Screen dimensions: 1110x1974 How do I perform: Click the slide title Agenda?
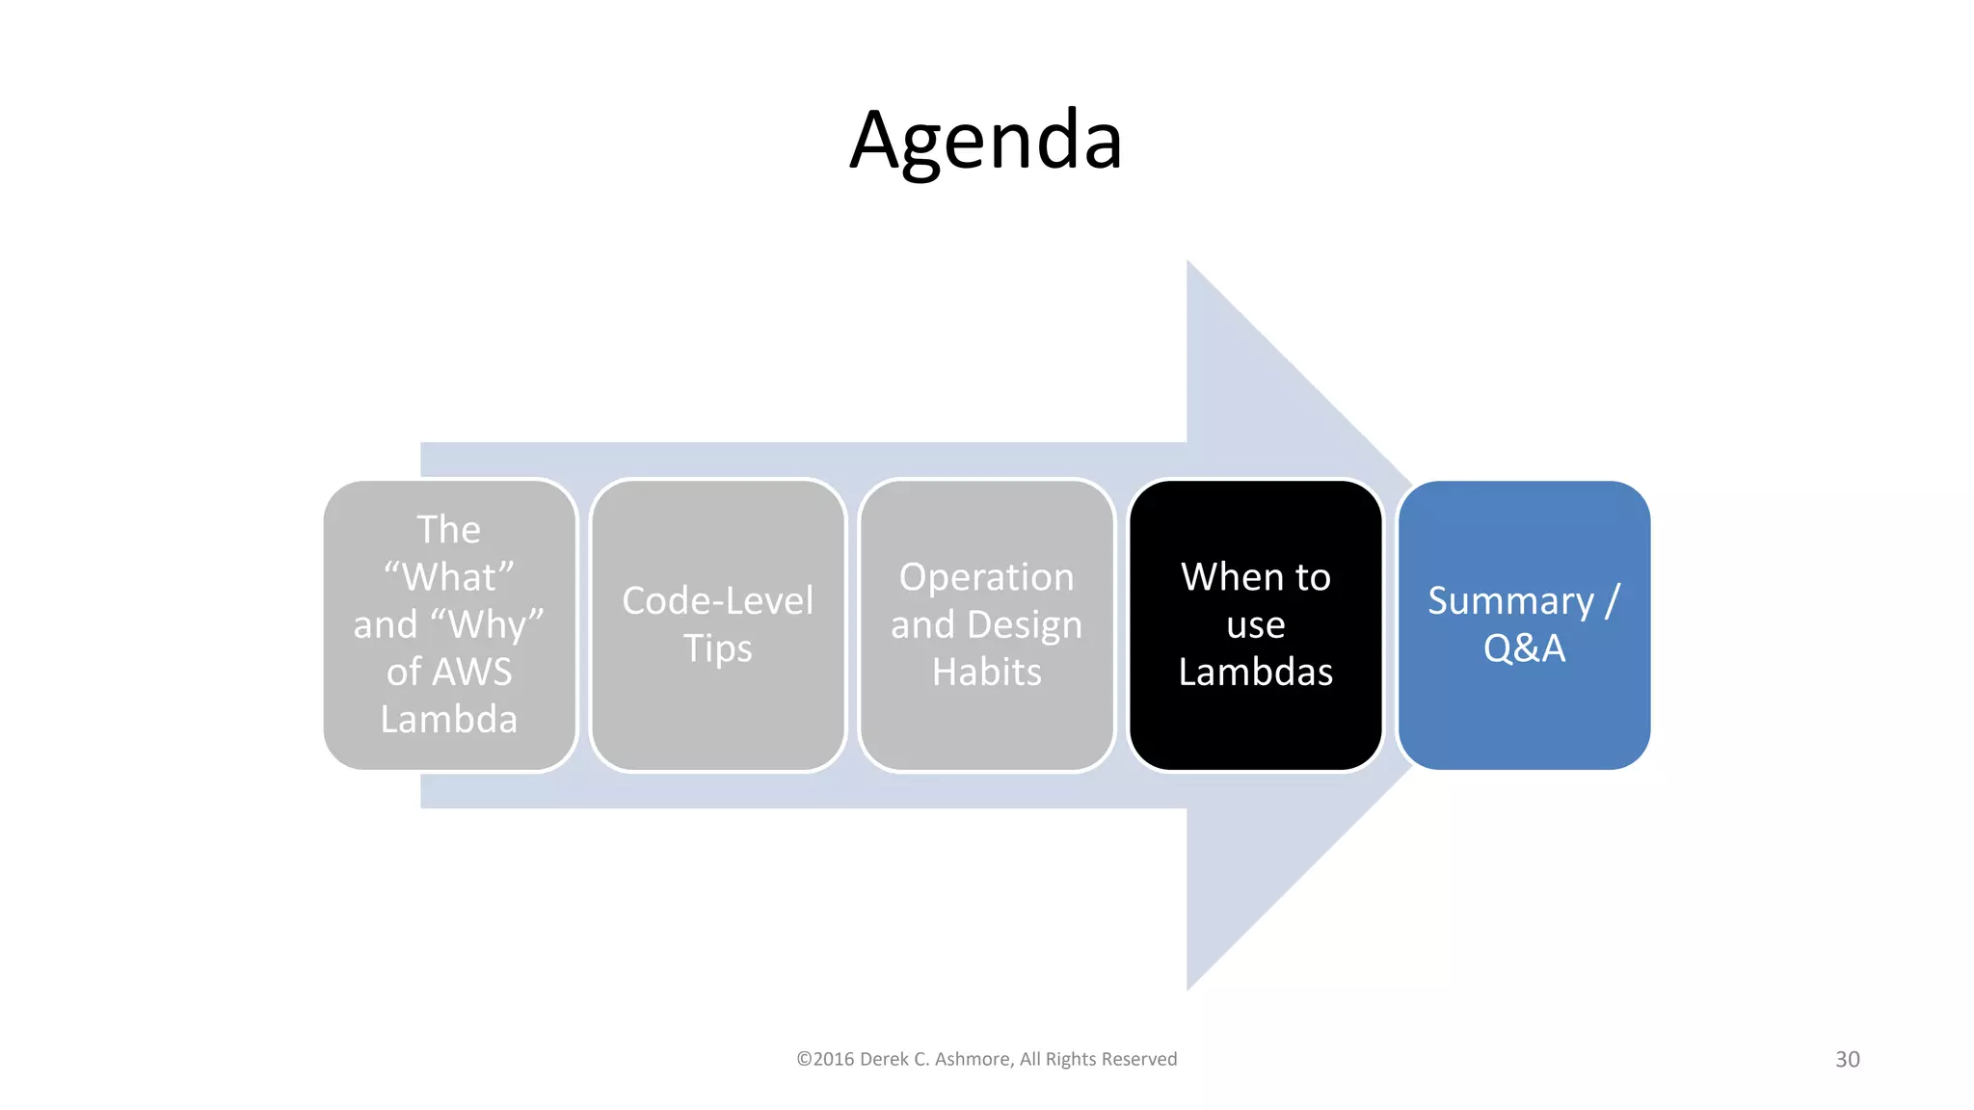(986, 141)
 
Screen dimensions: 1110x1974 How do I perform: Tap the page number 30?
(1847, 1059)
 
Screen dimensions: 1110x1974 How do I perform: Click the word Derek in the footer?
(883, 1059)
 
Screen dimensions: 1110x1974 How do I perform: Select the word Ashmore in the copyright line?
(972, 1059)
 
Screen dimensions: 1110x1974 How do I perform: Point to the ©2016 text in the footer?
(825, 1059)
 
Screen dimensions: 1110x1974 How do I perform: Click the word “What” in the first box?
(449, 577)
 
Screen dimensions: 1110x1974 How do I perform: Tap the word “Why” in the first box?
(495, 624)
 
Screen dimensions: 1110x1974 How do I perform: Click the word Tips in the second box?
(717, 648)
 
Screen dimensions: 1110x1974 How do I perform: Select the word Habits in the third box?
(986, 672)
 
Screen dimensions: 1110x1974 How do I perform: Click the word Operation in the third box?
(986, 577)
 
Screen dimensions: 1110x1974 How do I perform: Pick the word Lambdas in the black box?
(1255, 672)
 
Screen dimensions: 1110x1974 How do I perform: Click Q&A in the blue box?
(1524, 648)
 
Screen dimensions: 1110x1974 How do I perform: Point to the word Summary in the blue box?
(1510, 601)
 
